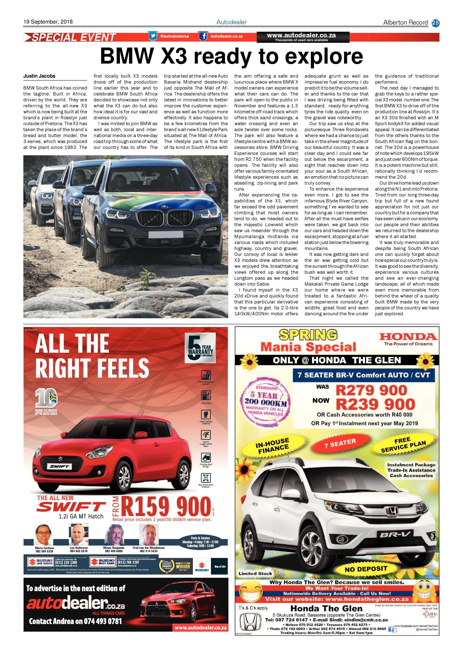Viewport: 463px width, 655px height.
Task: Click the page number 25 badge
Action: pos(435,23)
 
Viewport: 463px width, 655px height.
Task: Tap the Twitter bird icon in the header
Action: pos(153,36)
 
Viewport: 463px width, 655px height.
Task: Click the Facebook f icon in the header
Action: pos(203,36)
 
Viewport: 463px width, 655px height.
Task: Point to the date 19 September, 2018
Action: pos(48,22)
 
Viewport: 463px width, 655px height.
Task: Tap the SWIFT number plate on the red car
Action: pos(60,466)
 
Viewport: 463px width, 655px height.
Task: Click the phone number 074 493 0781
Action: pos(103,621)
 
